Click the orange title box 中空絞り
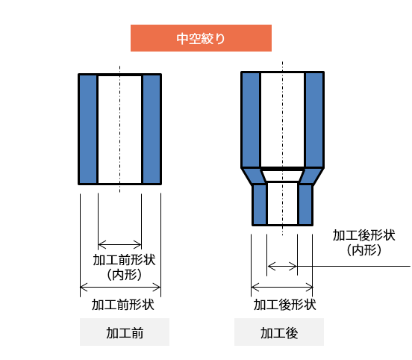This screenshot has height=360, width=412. [x=201, y=38]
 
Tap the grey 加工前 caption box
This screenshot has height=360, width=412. [x=125, y=332]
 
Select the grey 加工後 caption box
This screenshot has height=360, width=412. [x=279, y=332]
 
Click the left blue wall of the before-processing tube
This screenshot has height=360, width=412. [x=88, y=129]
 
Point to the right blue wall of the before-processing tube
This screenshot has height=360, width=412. [x=152, y=129]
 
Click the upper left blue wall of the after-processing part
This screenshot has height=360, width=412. [x=251, y=120]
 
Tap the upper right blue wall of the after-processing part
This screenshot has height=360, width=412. [x=314, y=120]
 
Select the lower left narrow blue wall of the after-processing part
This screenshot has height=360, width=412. [x=260, y=205]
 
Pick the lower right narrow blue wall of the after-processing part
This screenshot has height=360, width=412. [x=305, y=205]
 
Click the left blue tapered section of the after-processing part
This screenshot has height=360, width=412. [x=254, y=176]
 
